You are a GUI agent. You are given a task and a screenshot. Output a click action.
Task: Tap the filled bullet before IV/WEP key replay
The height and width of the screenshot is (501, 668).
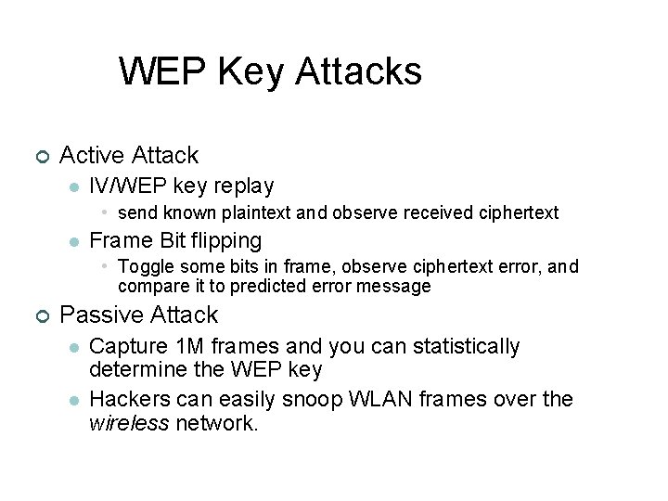(x=72, y=186)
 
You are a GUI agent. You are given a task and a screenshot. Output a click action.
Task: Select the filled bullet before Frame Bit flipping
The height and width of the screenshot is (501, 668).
(x=72, y=241)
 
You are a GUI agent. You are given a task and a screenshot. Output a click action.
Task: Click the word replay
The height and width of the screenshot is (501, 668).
(x=244, y=186)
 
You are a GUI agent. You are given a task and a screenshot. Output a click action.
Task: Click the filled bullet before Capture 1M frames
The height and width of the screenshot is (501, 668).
(x=72, y=348)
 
